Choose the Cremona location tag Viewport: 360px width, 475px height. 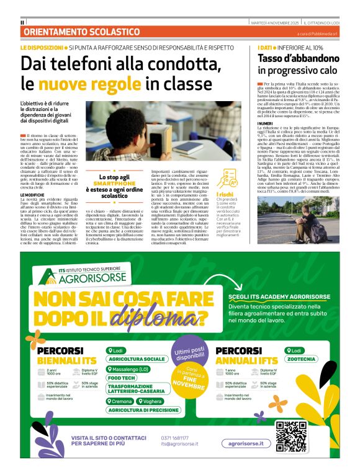pos(121,401)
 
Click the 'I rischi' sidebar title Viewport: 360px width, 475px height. pos(225,195)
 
